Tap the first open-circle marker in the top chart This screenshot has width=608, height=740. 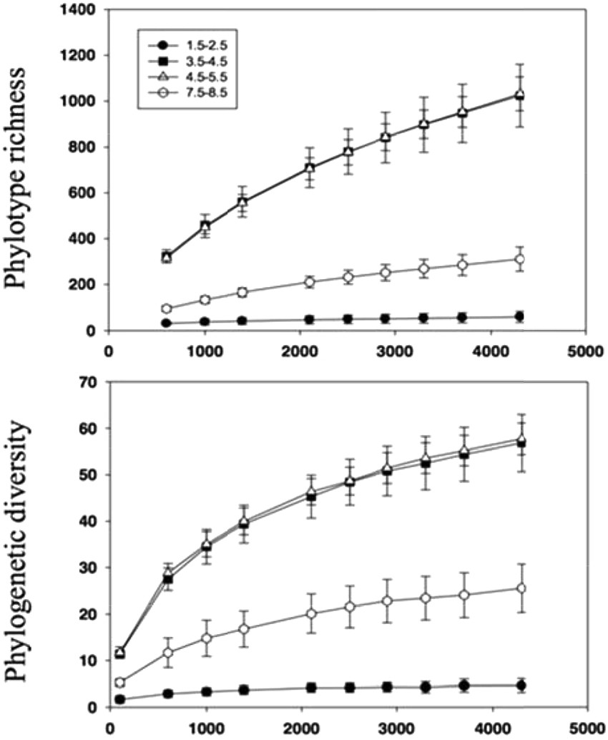[167, 308]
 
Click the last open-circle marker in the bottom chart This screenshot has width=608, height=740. [521, 588]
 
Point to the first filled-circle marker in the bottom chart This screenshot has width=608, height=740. [119, 699]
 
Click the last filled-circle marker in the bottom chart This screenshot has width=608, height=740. [521, 686]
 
